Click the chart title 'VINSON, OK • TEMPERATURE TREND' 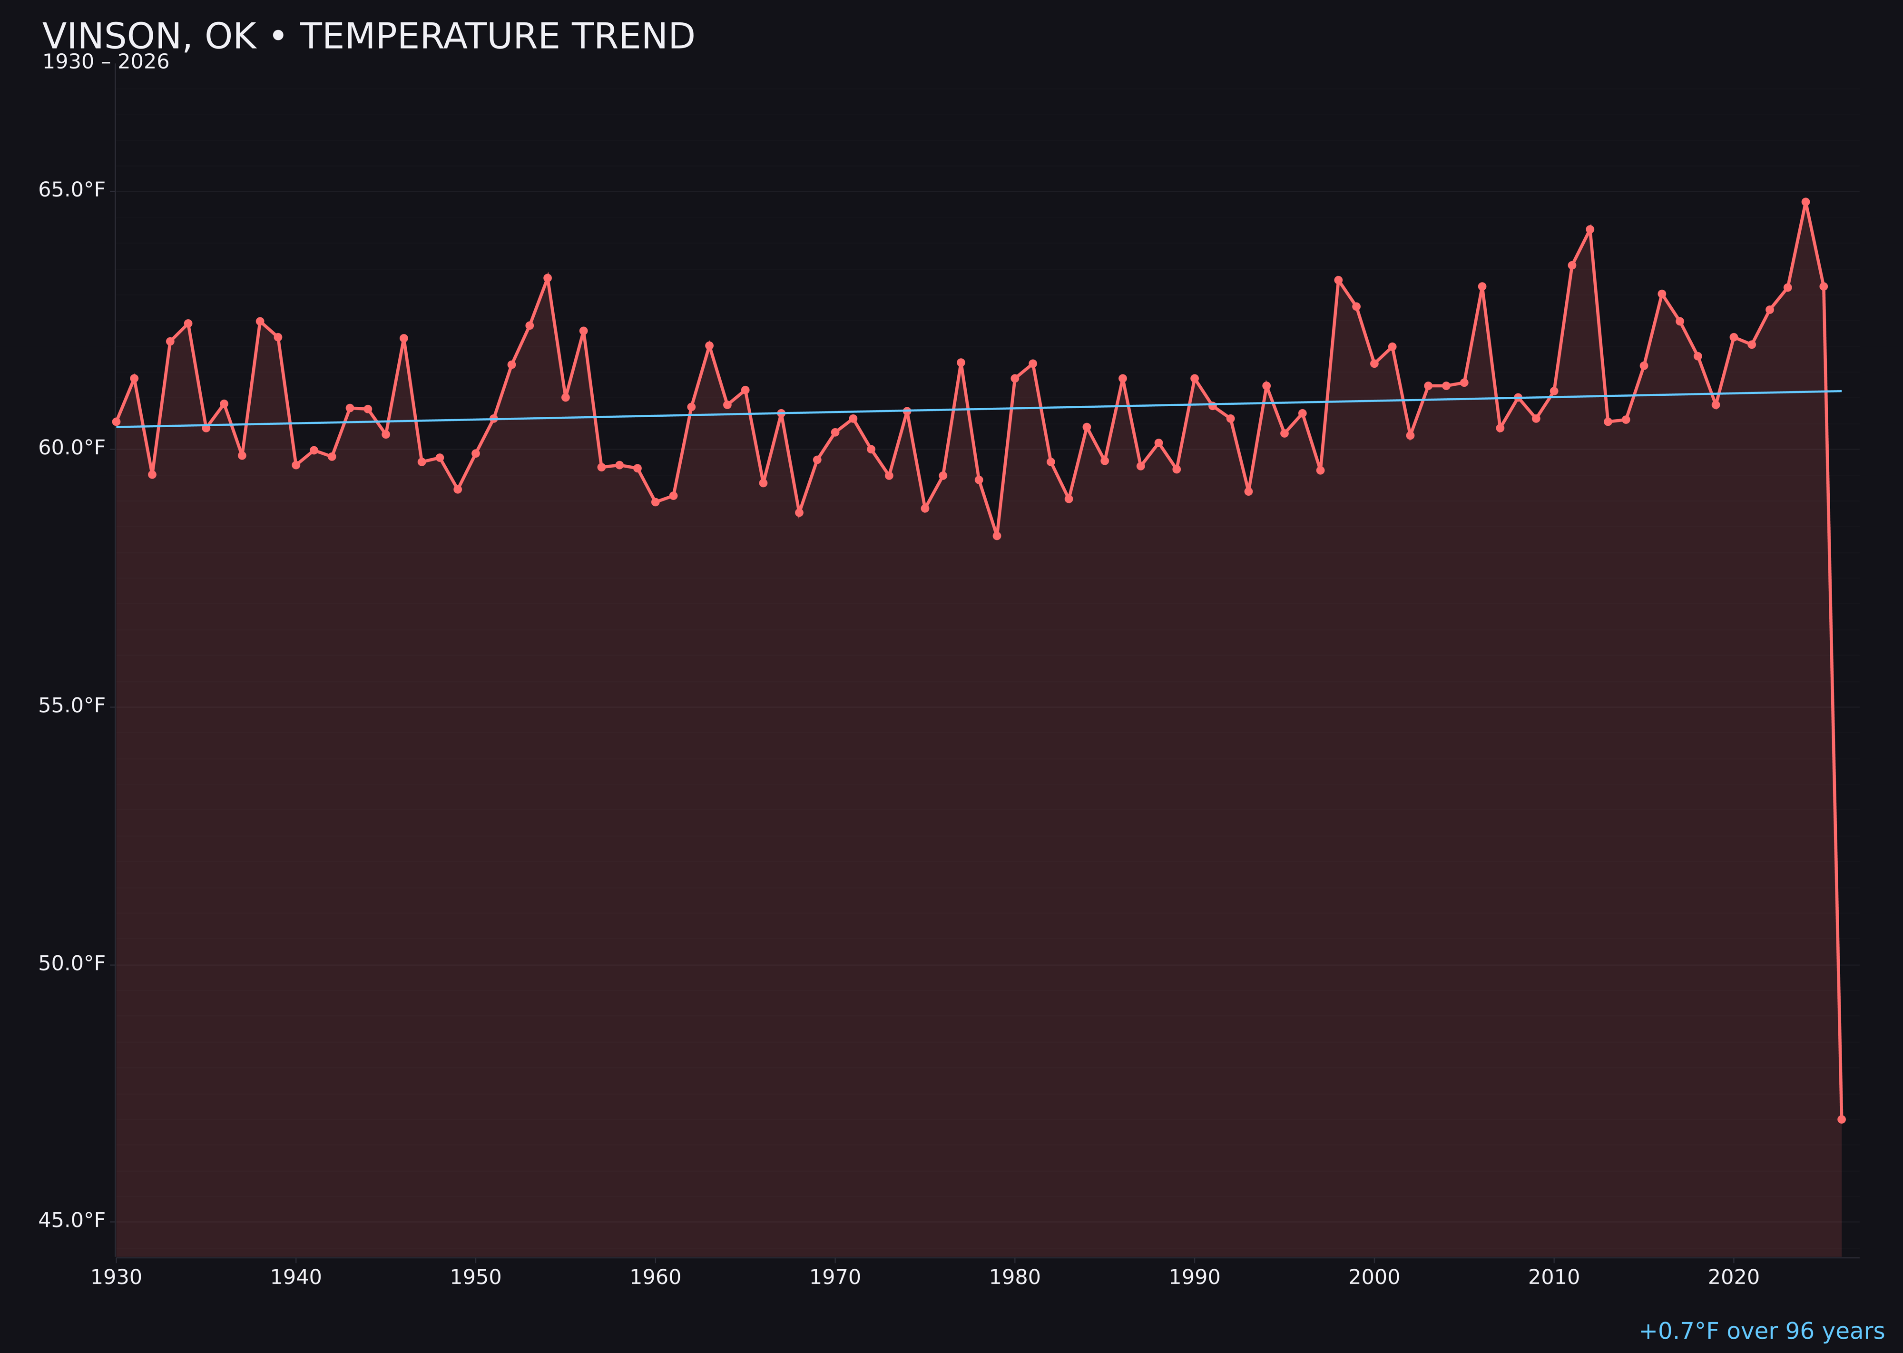(x=368, y=37)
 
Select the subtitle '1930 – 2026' (x=106, y=62)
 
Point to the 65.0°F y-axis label (x=72, y=190)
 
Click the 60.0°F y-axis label (x=72, y=448)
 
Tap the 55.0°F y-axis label (x=72, y=706)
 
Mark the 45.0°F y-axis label (x=72, y=1221)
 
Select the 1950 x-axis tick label (x=476, y=1278)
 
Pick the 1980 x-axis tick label (x=1015, y=1278)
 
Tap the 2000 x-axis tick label (x=1374, y=1278)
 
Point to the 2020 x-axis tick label (x=1734, y=1278)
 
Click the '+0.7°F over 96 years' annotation (x=1761, y=1331)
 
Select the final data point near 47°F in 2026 (x=1841, y=1119)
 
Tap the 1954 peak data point (x=548, y=278)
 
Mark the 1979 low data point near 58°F (x=997, y=536)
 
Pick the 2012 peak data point (x=1590, y=229)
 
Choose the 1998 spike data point (x=1338, y=280)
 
